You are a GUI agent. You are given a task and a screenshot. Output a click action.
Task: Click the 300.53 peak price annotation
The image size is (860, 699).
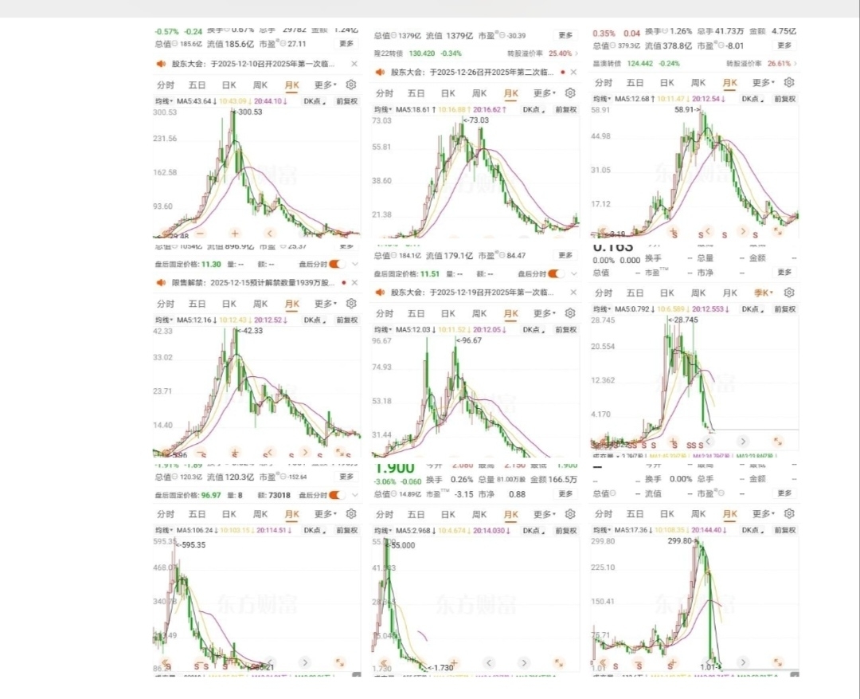(249, 112)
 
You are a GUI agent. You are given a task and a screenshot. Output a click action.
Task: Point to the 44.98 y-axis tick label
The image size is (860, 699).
(607, 136)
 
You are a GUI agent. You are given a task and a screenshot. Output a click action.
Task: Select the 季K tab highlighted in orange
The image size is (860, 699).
(761, 293)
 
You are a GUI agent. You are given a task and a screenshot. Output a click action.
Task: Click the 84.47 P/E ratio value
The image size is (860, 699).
(517, 256)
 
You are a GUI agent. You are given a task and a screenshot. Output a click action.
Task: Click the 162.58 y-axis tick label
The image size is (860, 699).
(169, 173)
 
